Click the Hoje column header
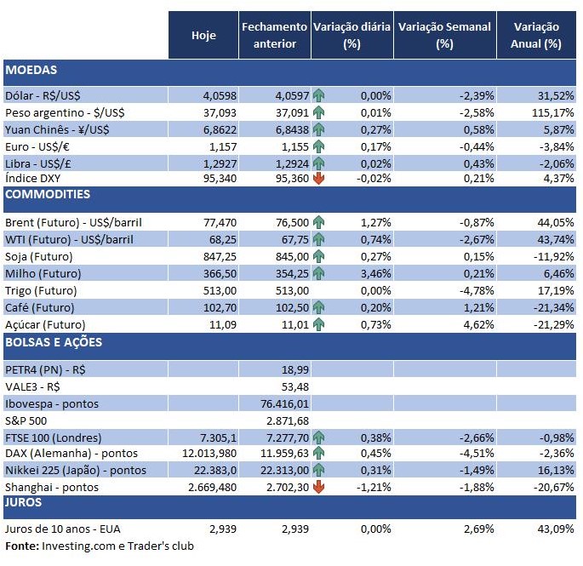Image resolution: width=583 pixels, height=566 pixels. (203, 35)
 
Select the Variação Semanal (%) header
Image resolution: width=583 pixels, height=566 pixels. (444, 35)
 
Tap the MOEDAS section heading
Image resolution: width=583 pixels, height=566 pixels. (31, 70)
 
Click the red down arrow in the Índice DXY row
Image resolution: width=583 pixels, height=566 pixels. (319, 178)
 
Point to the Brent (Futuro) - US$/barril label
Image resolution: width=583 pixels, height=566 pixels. (73, 223)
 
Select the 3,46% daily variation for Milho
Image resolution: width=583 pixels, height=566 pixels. (374, 273)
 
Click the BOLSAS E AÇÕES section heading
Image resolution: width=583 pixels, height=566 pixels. (54, 342)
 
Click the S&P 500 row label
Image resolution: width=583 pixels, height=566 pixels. (27, 420)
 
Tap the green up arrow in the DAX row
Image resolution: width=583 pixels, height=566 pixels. (319, 454)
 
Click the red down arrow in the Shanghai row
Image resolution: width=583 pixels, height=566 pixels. (319, 487)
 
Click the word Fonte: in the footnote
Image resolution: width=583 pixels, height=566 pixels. (21, 546)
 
